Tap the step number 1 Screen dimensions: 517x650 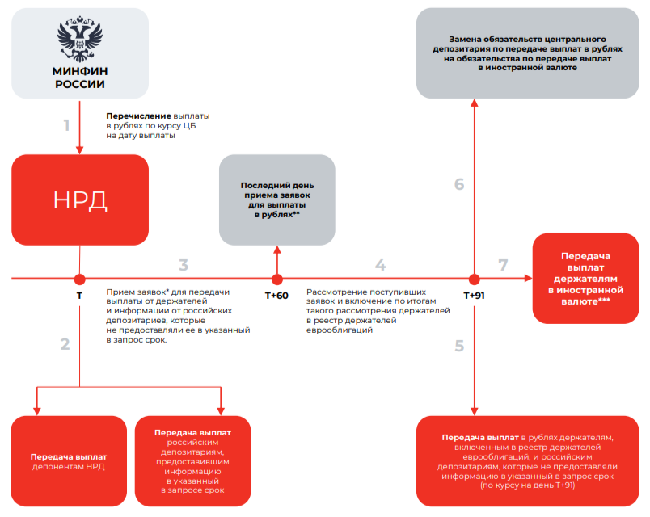pyautogui.click(x=67, y=125)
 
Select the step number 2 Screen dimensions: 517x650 pyautogui.click(x=65, y=343)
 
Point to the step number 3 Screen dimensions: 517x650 pyautogui.click(x=184, y=265)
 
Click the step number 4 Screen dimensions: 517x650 pyautogui.click(x=380, y=265)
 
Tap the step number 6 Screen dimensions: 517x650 pyautogui.click(x=459, y=184)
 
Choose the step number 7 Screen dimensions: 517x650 pyautogui.click(x=504, y=265)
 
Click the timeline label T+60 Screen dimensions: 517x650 pyautogui.click(x=276, y=295)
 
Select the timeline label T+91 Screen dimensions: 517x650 pyautogui.click(x=475, y=295)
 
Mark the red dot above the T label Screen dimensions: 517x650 pyautogui.click(x=79, y=279)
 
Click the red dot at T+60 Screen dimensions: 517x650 pyautogui.click(x=276, y=279)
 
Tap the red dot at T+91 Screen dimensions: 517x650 pyautogui.click(x=474, y=279)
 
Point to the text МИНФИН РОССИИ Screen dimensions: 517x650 pyautogui.click(x=79, y=78)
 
